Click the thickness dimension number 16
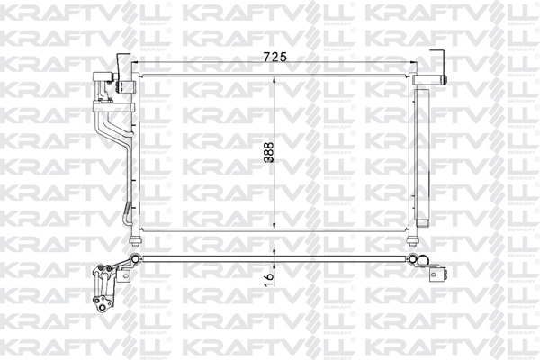point(267,279)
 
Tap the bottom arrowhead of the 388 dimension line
point(275,229)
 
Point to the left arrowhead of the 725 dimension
point(137,63)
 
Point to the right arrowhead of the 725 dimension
point(410,63)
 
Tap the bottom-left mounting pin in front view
point(136,239)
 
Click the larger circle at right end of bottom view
point(424,262)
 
